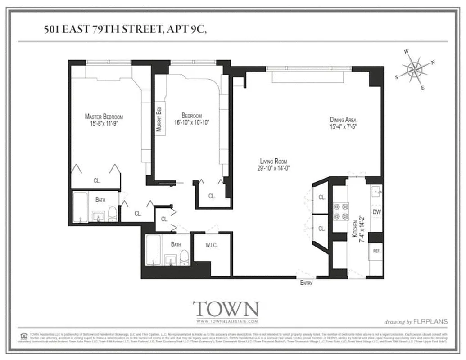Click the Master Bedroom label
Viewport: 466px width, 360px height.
pyautogui.click(x=104, y=117)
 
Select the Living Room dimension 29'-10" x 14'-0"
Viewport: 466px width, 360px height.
pyautogui.click(x=273, y=168)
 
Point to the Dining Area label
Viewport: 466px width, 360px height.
pyautogui.click(x=343, y=120)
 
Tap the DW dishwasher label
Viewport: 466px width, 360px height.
pyautogui.click(x=376, y=211)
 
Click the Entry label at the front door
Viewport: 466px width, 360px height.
pyautogui.click(x=306, y=283)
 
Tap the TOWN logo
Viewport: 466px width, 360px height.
pyautogui.click(x=226, y=309)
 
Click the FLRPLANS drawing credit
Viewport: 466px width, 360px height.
pyautogui.click(x=428, y=321)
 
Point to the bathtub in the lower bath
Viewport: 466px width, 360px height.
pyautogui.click(x=153, y=250)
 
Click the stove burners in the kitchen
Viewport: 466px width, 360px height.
pyautogui.click(x=340, y=211)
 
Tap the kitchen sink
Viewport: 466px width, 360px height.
pyautogui.click(x=376, y=193)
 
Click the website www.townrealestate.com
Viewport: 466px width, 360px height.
pyautogui.click(x=226, y=321)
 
